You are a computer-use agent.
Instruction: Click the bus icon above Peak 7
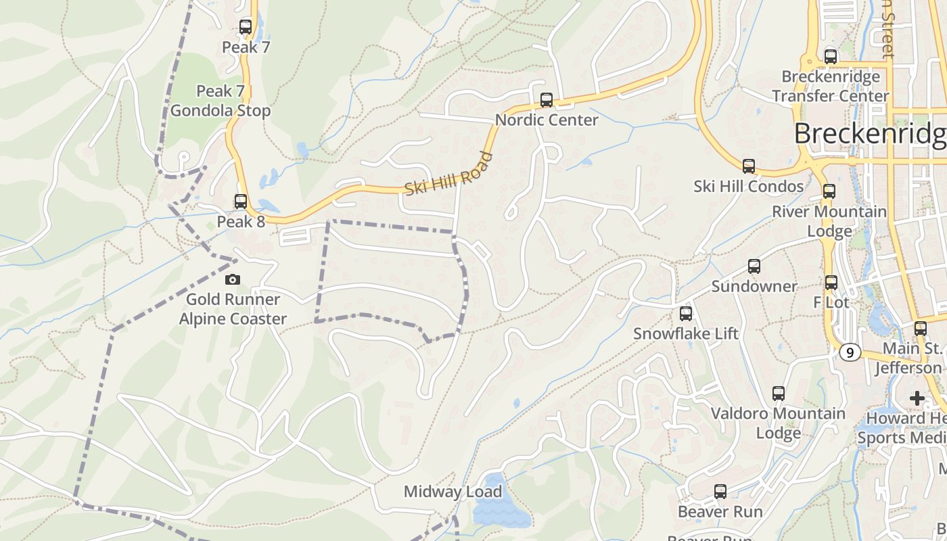(x=246, y=27)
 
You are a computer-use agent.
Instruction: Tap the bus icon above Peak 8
(x=240, y=202)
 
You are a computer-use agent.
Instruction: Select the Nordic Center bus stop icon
(x=547, y=100)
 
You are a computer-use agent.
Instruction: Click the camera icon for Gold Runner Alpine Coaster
(x=232, y=279)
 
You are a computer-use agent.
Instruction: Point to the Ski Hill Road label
(x=449, y=174)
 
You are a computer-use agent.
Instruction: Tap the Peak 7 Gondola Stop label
(x=221, y=101)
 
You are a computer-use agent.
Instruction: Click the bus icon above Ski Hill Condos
(x=748, y=166)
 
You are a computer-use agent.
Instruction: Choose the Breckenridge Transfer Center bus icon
(x=831, y=57)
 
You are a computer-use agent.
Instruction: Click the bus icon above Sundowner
(x=754, y=266)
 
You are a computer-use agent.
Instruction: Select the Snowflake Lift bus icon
(x=686, y=314)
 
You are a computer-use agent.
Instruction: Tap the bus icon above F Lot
(x=831, y=283)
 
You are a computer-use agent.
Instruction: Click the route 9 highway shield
(x=850, y=352)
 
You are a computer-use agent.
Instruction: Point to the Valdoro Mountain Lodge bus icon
(x=779, y=394)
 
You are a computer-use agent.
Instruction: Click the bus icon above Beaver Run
(x=720, y=492)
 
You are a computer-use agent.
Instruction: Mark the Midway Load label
(x=453, y=492)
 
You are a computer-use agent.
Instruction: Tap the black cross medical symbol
(x=917, y=398)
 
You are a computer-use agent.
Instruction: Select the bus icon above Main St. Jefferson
(x=921, y=329)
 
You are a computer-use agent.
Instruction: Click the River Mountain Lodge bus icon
(x=829, y=191)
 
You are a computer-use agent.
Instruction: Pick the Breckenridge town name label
(x=870, y=134)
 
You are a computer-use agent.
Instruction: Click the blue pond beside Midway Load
(x=501, y=511)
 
